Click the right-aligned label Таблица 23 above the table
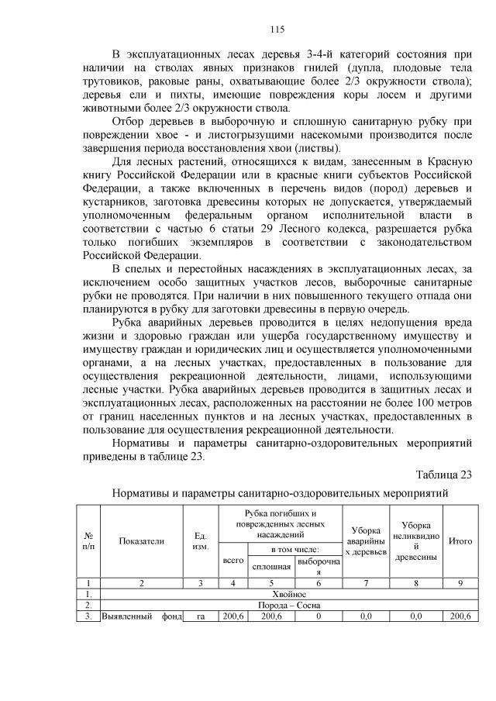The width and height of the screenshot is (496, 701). (x=443, y=475)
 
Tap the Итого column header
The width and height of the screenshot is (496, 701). (x=460, y=541)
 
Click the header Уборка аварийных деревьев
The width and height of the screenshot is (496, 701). (x=365, y=540)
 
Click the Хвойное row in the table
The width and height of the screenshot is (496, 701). (x=284, y=593)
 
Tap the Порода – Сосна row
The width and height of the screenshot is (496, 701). (x=284, y=605)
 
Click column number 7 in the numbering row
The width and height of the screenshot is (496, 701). (x=365, y=582)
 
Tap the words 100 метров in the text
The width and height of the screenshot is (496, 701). (x=437, y=404)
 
